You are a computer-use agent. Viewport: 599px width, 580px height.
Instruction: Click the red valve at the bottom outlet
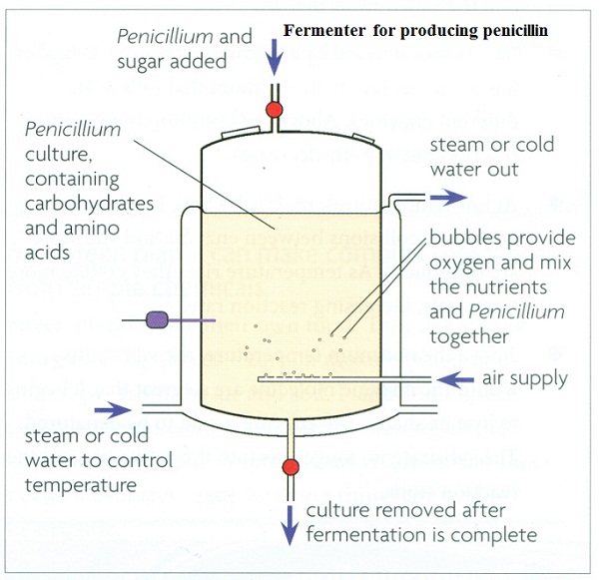click(292, 466)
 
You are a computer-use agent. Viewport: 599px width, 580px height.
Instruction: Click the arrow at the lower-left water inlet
click(115, 408)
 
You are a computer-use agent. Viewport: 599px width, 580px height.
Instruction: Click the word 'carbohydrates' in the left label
click(91, 205)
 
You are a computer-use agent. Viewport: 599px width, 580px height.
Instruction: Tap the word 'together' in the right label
click(466, 336)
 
